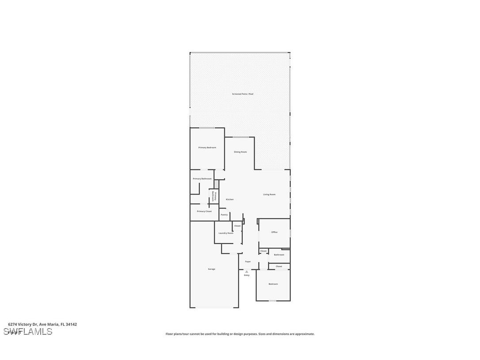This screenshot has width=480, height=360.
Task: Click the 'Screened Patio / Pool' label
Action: click(x=243, y=94)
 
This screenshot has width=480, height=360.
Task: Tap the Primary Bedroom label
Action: click(x=207, y=147)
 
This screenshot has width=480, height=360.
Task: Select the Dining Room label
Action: click(x=240, y=152)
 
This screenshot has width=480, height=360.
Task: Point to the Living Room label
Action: click(x=269, y=194)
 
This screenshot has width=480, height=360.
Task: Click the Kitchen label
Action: click(x=229, y=199)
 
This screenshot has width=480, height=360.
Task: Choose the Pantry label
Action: click(x=224, y=214)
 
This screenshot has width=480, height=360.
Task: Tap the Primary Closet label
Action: click(x=204, y=211)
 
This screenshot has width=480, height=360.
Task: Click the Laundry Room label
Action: click(x=225, y=233)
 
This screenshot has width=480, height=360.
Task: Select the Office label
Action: click(x=274, y=232)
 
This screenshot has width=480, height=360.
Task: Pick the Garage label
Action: click(x=212, y=269)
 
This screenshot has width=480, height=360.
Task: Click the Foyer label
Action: click(x=248, y=261)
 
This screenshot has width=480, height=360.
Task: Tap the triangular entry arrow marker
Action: click(x=247, y=272)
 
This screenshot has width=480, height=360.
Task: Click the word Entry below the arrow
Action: click(x=247, y=275)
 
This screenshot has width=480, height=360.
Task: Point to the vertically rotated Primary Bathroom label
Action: click(x=214, y=196)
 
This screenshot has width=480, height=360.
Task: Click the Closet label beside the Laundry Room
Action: click(x=237, y=226)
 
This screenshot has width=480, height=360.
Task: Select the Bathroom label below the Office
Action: click(x=279, y=255)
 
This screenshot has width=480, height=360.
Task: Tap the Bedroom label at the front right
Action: click(x=273, y=284)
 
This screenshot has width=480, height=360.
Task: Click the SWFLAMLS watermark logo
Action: click(x=28, y=332)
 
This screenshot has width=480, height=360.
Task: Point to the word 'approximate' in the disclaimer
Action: click(x=303, y=334)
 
